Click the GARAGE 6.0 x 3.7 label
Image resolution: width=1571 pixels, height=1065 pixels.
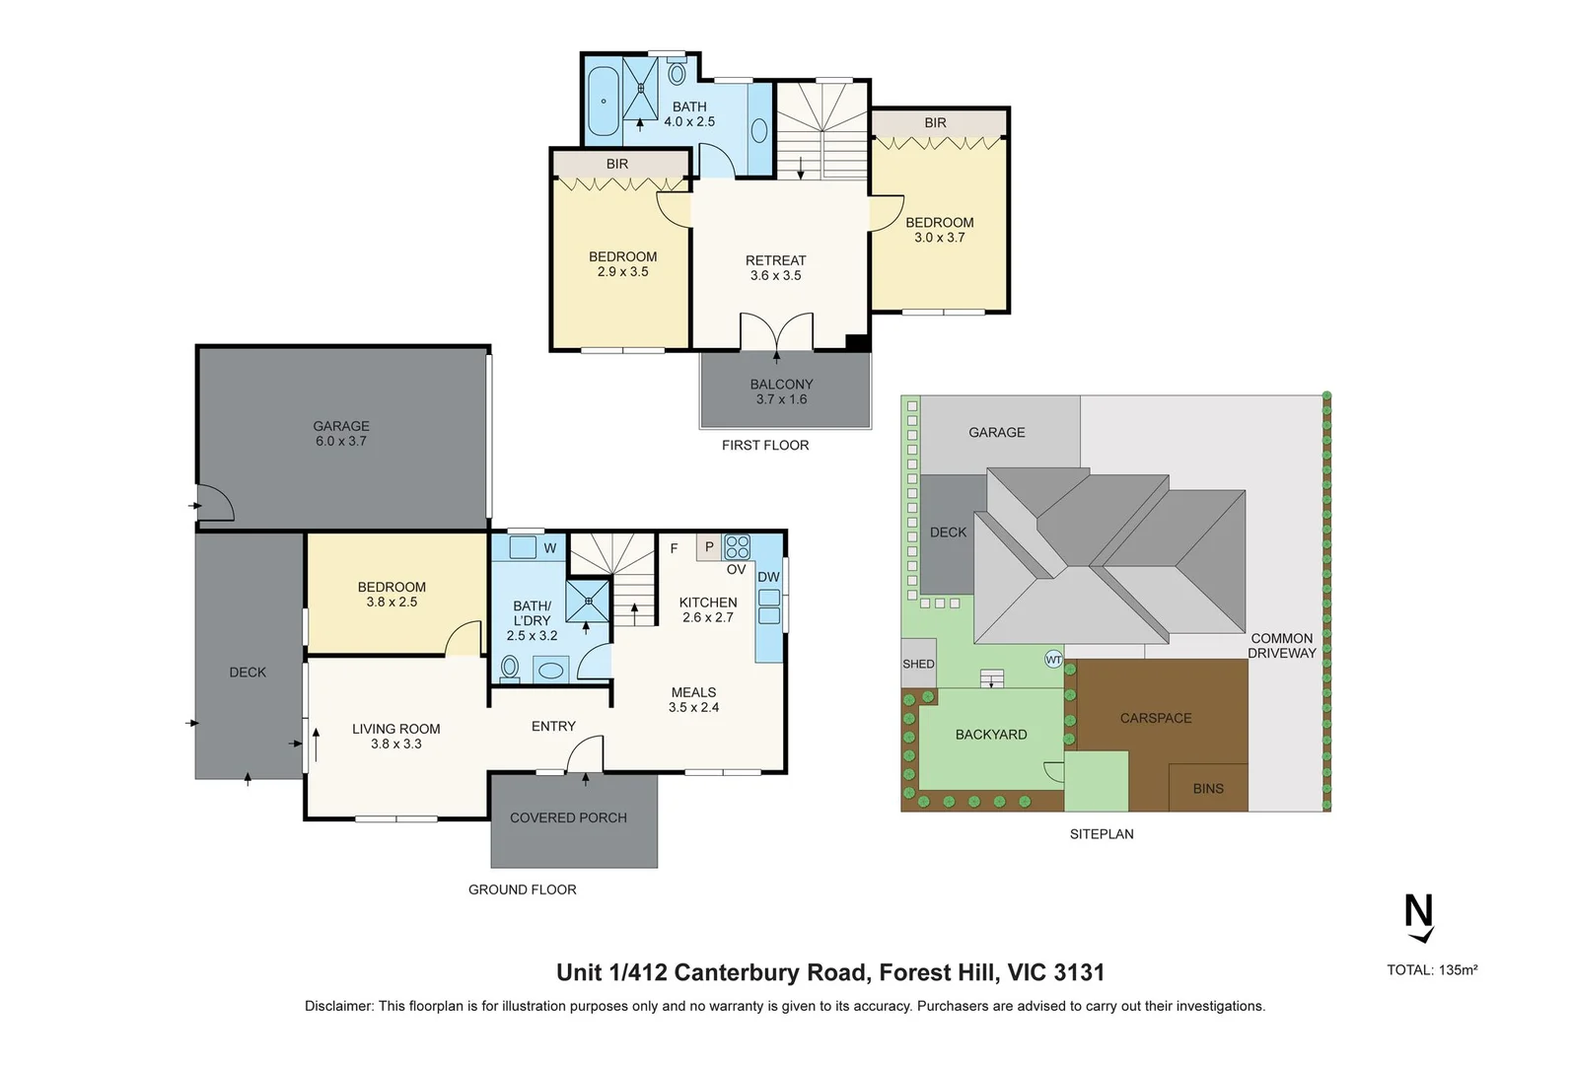pos(341,434)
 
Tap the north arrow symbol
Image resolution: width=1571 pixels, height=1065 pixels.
pos(1418,918)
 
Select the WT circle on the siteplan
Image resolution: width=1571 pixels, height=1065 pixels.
pos(1053,659)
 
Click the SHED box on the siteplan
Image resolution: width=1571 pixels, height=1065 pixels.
pos(918,664)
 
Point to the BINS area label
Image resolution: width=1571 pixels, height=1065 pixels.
pos(1208,788)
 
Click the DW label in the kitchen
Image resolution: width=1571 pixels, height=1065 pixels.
pos(768,577)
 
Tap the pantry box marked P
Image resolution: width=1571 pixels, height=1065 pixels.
pos(708,546)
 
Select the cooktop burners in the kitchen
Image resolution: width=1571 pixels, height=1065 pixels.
pos(737,546)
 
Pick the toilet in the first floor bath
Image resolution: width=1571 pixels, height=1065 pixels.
pos(678,73)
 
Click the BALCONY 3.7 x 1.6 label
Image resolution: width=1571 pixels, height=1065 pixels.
pos(781,391)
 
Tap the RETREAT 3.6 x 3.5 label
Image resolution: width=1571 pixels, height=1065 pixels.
pos(775,267)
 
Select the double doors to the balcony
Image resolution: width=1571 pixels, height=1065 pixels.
pos(777,331)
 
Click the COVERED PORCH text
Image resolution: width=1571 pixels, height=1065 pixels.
pos(568,817)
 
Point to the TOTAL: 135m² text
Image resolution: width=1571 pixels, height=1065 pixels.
pos(1432,970)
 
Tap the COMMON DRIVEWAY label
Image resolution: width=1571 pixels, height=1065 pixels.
pos(1281,645)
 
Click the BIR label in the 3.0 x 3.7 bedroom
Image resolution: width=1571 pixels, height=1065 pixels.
pos(935,123)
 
